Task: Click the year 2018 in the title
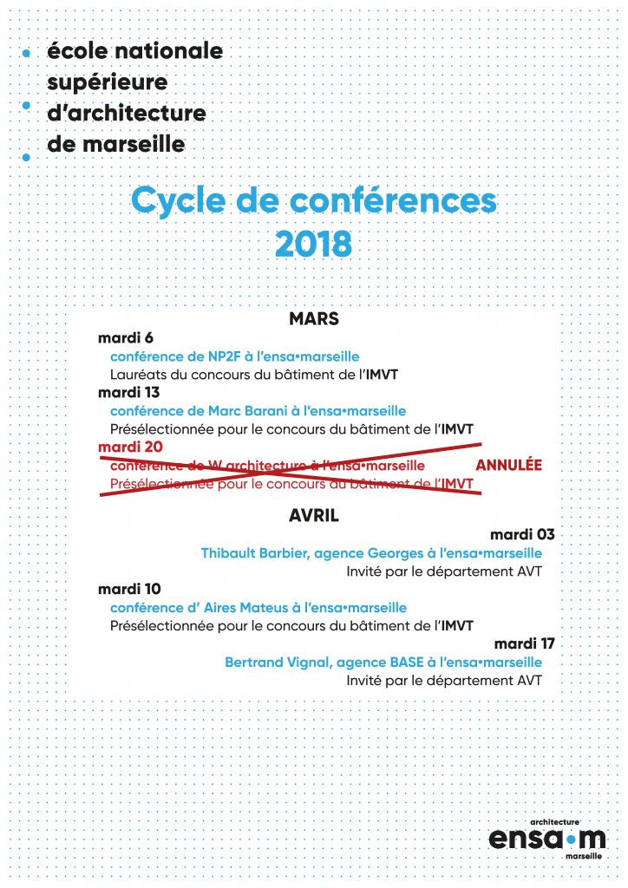(313, 244)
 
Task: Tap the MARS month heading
(313, 319)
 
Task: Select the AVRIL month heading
(313, 516)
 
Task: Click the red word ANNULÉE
(509, 466)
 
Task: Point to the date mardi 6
(127, 338)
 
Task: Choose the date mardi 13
(129, 392)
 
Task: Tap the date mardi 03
(521, 534)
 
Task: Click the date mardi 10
(130, 589)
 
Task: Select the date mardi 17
(524, 643)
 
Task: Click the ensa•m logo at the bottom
(546, 838)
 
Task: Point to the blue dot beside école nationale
(26, 53)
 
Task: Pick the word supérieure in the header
(107, 82)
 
